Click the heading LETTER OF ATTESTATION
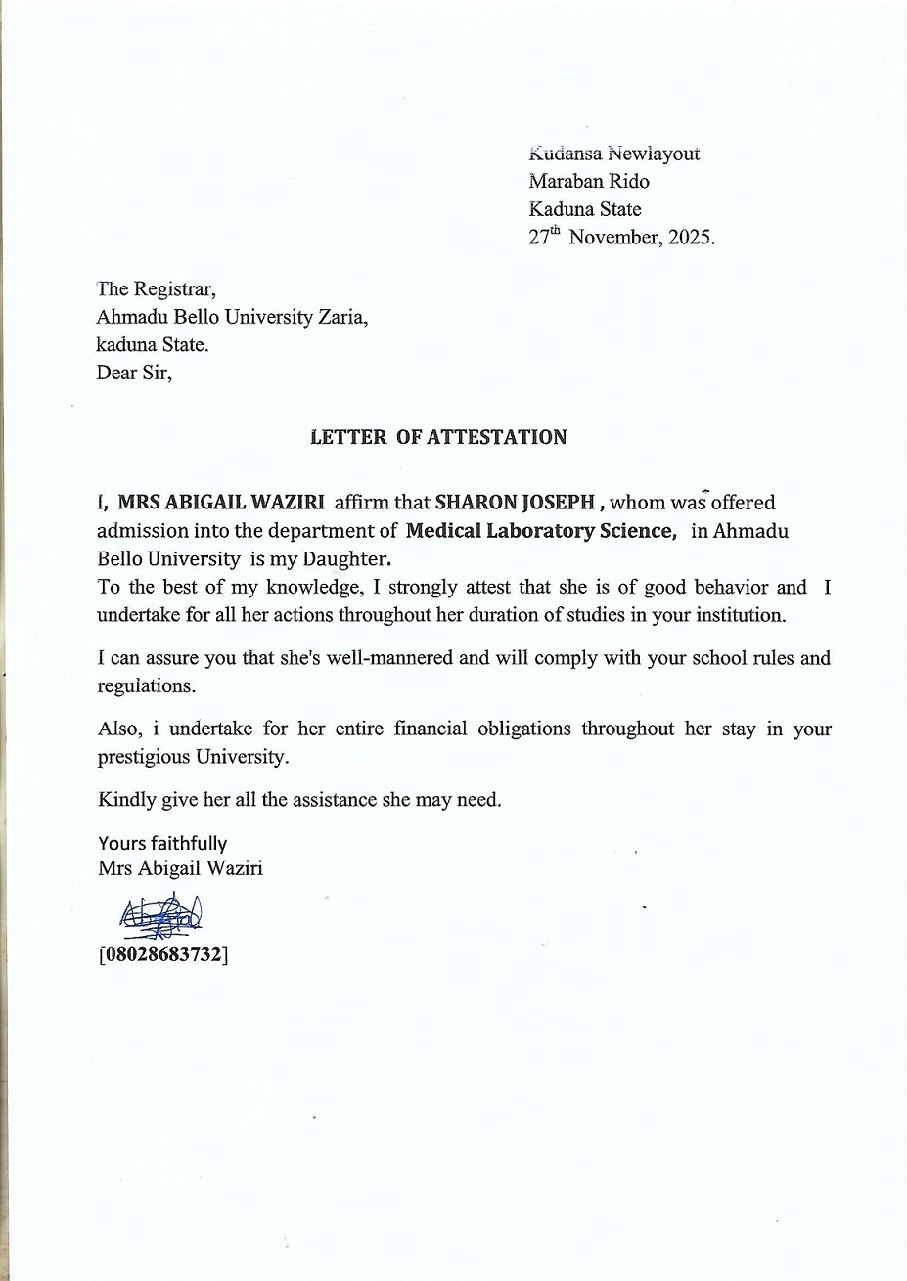(x=437, y=437)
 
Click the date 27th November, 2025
(x=621, y=237)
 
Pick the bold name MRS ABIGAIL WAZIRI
(x=220, y=504)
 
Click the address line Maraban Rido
(x=588, y=181)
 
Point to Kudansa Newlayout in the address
(x=613, y=154)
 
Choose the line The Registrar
(x=155, y=289)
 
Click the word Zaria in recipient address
(x=343, y=317)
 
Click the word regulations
(x=146, y=685)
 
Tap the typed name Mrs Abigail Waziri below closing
(x=180, y=867)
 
